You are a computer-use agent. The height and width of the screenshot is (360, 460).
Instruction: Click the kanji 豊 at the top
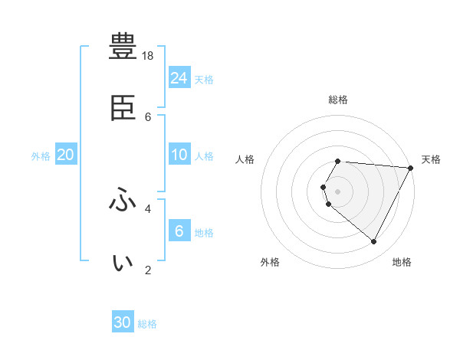[x=123, y=47]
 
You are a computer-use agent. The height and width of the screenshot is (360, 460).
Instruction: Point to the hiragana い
[x=123, y=263]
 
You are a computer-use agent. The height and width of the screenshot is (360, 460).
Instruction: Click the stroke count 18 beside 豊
[x=149, y=56]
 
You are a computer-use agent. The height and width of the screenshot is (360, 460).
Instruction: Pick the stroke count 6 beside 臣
[x=149, y=116]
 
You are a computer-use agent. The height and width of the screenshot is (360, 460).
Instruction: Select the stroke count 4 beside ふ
[x=148, y=208]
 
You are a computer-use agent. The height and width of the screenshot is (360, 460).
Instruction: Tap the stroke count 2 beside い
[x=148, y=270]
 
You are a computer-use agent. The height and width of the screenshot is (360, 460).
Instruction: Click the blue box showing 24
[x=179, y=77]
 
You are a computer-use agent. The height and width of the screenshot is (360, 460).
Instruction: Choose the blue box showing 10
[x=179, y=155]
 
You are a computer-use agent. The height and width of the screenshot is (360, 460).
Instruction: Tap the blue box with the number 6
[x=179, y=231]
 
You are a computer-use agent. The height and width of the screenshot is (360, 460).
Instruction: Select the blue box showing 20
[x=66, y=155]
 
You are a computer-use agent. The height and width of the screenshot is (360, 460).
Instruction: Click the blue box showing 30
[x=123, y=322]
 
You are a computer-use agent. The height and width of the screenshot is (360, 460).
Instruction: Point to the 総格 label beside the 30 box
[x=147, y=324]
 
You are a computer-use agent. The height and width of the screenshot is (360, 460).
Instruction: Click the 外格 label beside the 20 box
[x=41, y=156]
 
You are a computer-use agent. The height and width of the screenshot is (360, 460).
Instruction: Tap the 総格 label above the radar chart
[x=338, y=100]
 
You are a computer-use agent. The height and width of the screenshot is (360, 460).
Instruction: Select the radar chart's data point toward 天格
[x=411, y=168]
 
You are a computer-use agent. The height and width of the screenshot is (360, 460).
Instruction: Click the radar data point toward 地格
[x=374, y=242]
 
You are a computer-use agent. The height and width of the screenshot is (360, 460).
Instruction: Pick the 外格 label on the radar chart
[x=270, y=262]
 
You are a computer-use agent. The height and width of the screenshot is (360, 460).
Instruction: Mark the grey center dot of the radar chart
[x=338, y=191]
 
